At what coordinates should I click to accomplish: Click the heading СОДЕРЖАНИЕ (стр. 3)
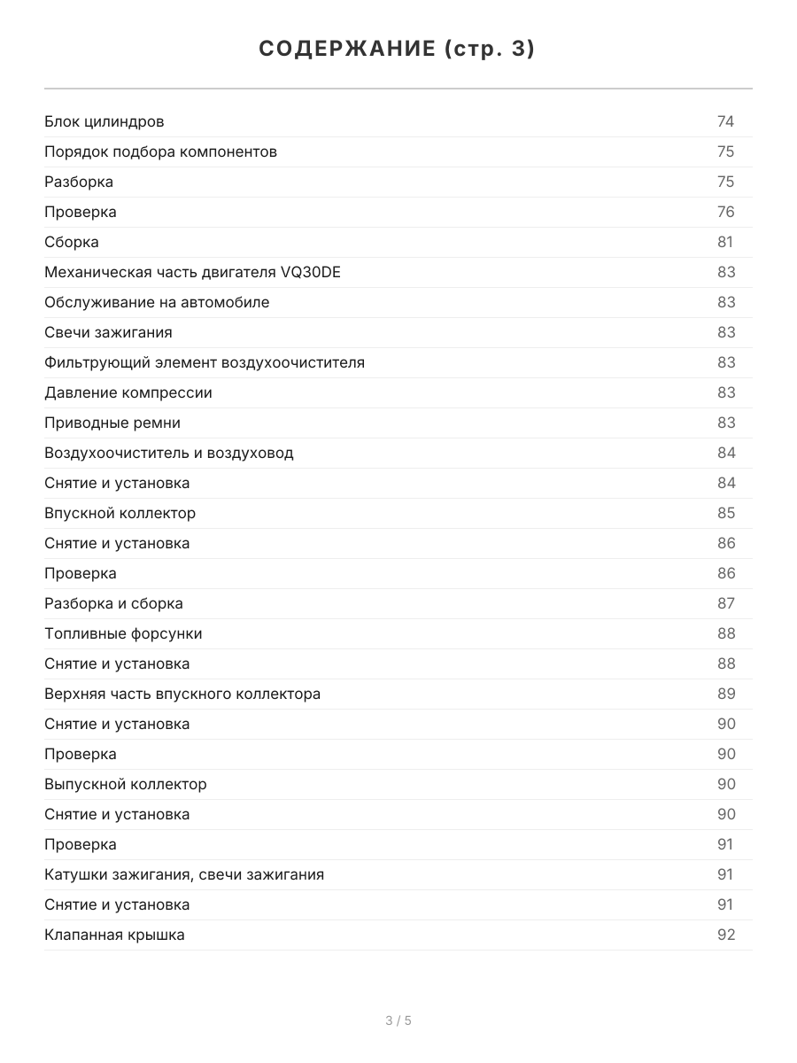tap(398, 50)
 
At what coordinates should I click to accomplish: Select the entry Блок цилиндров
tap(104, 121)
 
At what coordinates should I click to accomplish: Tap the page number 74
tap(725, 121)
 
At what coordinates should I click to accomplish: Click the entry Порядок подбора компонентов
tap(160, 151)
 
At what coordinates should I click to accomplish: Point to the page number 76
tap(725, 212)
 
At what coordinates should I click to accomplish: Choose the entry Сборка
tap(72, 242)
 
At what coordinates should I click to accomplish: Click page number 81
tap(725, 242)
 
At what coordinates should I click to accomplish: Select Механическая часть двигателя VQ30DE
tap(192, 272)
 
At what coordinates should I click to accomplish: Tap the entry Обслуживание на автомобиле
tap(157, 302)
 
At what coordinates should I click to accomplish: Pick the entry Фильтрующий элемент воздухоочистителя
tap(205, 362)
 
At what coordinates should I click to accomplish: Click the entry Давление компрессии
tap(128, 392)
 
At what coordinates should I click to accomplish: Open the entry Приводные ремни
tap(112, 423)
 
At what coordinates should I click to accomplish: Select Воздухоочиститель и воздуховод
tap(169, 453)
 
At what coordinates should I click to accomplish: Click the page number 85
tap(725, 513)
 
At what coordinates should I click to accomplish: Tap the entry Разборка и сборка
tap(113, 603)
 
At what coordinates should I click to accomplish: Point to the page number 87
tap(725, 603)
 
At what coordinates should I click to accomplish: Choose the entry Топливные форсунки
tap(123, 633)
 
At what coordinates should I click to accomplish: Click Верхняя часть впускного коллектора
tap(182, 694)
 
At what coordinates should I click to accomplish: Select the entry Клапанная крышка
tap(114, 935)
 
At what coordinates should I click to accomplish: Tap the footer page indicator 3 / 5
tap(398, 1020)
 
